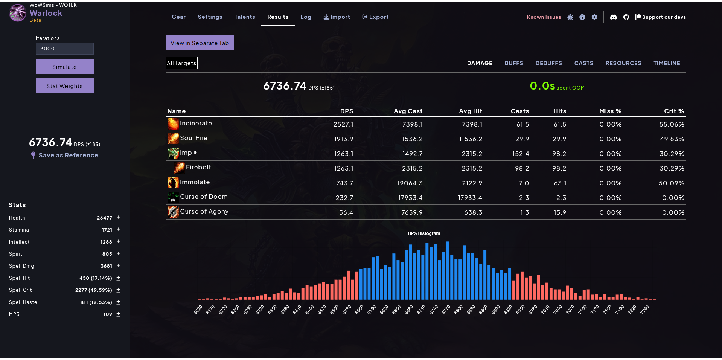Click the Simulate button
click(64, 67)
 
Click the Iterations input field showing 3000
click(64, 49)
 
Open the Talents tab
click(245, 17)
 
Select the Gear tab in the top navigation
click(178, 17)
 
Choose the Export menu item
click(375, 17)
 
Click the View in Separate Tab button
click(200, 43)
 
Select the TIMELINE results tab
click(666, 63)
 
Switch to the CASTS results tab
click(583, 63)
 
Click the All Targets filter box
click(182, 63)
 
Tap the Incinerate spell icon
click(173, 124)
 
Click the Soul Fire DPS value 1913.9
click(343, 139)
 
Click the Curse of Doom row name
click(204, 197)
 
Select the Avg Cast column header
click(408, 111)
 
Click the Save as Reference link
click(68, 155)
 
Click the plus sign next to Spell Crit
click(118, 290)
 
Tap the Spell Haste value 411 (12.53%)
click(96, 302)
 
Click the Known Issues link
click(544, 17)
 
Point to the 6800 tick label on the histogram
click(458, 310)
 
